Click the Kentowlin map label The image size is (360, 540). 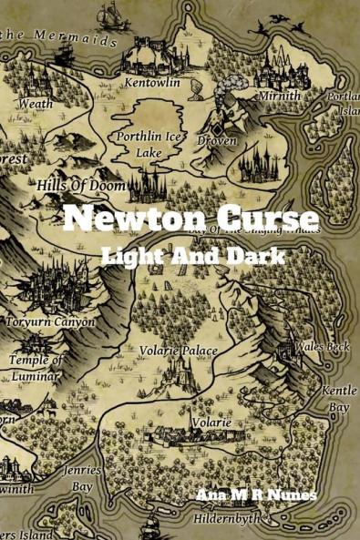pyautogui.click(x=152, y=83)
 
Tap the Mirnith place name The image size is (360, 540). pyautogui.click(x=279, y=95)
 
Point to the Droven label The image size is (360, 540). pyautogui.click(x=217, y=141)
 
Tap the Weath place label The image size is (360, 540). pyautogui.click(x=36, y=104)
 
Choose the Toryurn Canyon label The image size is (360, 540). pyautogui.click(x=50, y=321)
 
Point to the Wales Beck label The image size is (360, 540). pyautogui.click(x=322, y=347)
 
